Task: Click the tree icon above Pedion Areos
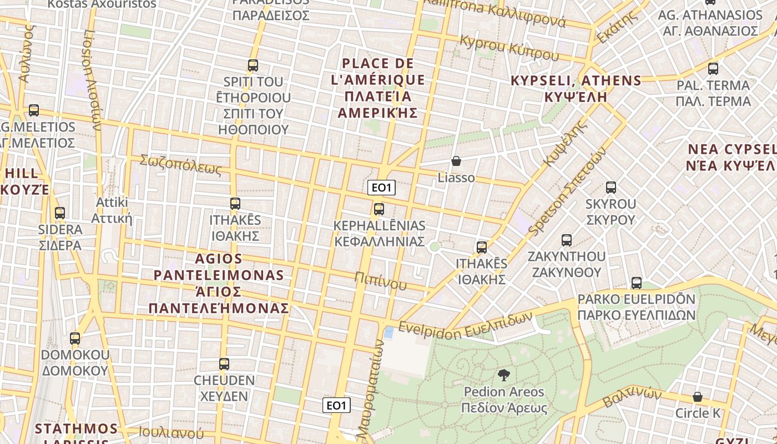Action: pos(504,375)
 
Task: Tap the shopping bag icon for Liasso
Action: pos(456,161)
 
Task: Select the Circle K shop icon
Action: pos(698,397)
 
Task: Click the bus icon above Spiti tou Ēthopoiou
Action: pos(253,65)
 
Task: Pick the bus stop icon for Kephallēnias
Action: pos(379,209)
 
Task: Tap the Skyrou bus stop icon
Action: pos(611,188)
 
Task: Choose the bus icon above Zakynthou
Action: pos(567,240)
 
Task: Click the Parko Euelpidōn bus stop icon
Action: pos(637,283)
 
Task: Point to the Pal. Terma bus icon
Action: pos(713,69)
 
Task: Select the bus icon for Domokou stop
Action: pos(75,338)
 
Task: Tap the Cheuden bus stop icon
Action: pos(224,364)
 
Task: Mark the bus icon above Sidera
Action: pos(60,213)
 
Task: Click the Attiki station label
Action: pos(112,210)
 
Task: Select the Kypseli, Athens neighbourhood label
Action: pos(576,88)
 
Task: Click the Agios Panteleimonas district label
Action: pos(219,283)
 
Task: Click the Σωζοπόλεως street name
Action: pos(180,164)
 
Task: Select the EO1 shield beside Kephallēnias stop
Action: pos(381,188)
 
